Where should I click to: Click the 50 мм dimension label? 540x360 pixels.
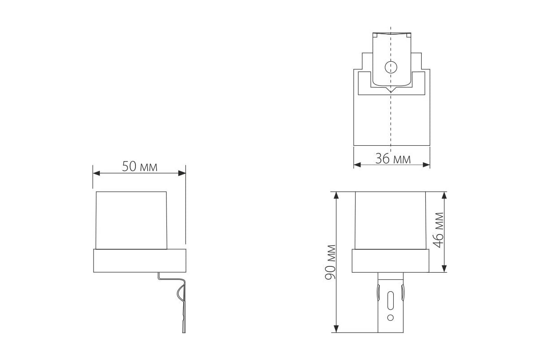pyautogui.click(x=139, y=167)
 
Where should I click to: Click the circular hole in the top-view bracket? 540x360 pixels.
pyautogui.click(x=390, y=67)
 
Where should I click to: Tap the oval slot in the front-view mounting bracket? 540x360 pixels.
pyautogui.click(x=391, y=299)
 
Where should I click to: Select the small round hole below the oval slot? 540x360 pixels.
pyautogui.click(x=391, y=318)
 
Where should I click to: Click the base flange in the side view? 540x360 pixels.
pyautogui.click(x=139, y=261)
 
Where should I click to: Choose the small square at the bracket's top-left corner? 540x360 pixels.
pyautogui.click(x=375, y=35)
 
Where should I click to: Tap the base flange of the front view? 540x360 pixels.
pyautogui.click(x=391, y=261)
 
